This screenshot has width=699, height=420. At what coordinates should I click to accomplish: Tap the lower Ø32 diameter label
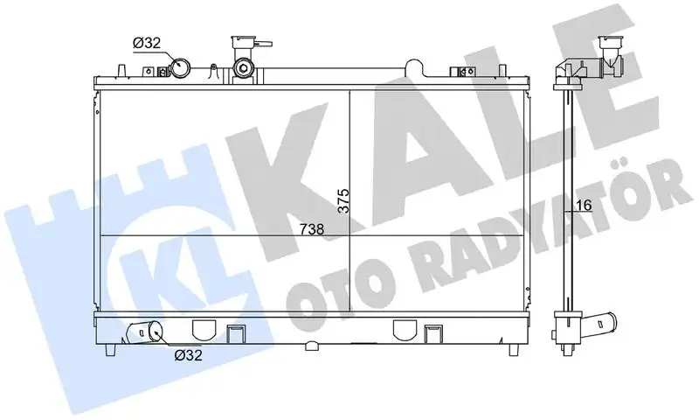188,355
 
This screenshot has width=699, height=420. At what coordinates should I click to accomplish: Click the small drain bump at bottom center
312,347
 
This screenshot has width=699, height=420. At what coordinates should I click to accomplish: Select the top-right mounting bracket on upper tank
457,73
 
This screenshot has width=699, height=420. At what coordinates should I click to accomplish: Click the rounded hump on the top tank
407,73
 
